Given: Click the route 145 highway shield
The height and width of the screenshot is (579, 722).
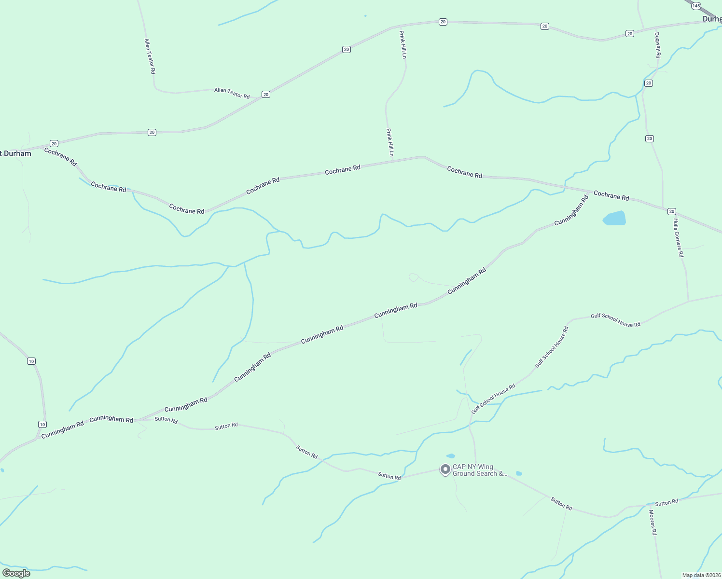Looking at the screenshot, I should tap(695, 6).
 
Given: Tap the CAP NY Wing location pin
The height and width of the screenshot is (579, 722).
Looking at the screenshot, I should tap(445, 469).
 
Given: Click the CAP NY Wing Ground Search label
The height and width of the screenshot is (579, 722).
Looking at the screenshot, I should tap(479, 470).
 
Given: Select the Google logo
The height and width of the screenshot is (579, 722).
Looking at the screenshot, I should tap(16, 573).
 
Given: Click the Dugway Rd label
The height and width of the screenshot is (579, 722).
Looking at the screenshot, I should tap(657, 45).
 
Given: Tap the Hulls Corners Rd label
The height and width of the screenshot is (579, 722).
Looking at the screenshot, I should tap(679, 238).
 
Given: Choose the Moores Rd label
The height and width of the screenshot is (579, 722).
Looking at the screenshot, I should tap(653, 523).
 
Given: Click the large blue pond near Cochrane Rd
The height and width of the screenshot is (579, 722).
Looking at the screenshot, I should tap(614, 218).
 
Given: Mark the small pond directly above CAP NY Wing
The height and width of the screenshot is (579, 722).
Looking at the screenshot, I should tap(451, 455).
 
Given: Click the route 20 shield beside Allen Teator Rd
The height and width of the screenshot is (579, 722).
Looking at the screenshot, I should tap(265, 94).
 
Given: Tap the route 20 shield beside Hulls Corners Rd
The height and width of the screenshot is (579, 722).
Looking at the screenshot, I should tap(671, 211).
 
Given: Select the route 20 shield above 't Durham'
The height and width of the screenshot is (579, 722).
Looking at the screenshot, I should tap(54, 143).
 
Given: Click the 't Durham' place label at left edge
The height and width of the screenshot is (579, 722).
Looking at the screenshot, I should tap(16, 154).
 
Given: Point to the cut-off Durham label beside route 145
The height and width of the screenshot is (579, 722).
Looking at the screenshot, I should tap(712, 19).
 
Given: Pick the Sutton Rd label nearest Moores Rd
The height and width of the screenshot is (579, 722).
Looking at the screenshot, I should tap(666, 502).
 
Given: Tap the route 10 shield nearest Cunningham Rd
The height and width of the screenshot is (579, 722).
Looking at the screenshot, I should tap(42, 424).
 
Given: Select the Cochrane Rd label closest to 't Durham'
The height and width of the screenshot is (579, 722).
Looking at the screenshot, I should tap(61, 157).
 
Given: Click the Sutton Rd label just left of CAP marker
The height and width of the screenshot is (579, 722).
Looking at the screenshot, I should tap(389, 476).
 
